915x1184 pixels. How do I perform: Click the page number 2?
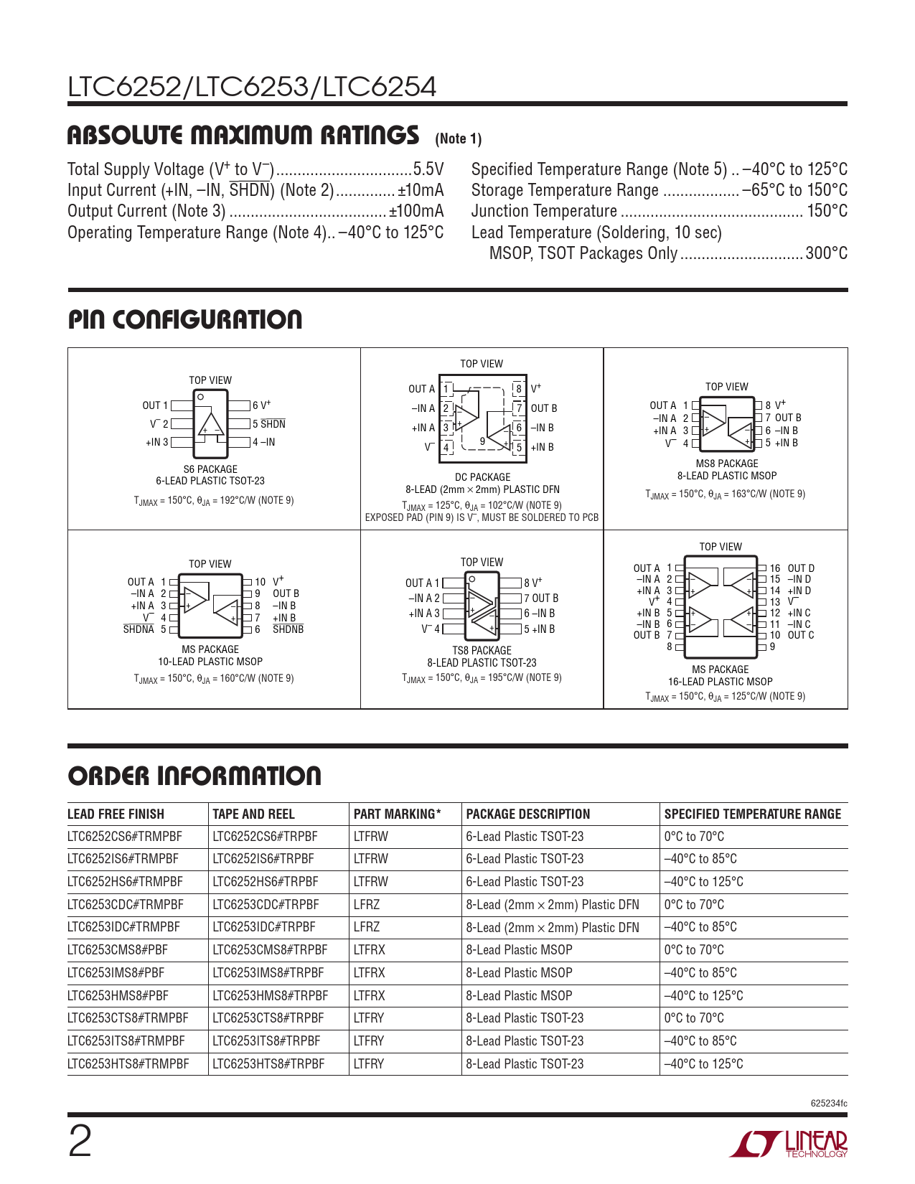[x=80, y=1142]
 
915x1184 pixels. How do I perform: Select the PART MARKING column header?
[x=397, y=814]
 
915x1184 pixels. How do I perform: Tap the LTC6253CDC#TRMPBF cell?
[x=126, y=905]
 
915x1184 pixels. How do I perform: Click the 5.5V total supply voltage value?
[x=428, y=169]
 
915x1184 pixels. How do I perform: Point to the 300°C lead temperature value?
[x=826, y=253]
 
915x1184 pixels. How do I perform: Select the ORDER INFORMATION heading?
[x=194, y=776]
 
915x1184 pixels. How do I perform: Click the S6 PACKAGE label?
[x=210, y=469]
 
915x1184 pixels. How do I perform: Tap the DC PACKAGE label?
[x=482, y=477]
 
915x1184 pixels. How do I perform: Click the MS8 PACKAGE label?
[x=726, y=464]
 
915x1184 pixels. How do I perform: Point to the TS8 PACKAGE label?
[x=482, y=651]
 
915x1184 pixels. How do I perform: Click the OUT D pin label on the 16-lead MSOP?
[x=801, y=568]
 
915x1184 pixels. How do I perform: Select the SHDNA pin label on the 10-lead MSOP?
[x=139, y=630]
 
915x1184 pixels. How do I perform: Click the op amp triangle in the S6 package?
[x=211, y=426]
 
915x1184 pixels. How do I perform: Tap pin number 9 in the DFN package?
[x=482, y=441]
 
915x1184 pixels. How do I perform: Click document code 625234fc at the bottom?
[x=828, y=1104]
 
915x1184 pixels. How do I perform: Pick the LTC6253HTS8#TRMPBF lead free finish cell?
[x=128, y=1064]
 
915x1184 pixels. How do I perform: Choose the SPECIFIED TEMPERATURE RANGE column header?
[x=752, y=814]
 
